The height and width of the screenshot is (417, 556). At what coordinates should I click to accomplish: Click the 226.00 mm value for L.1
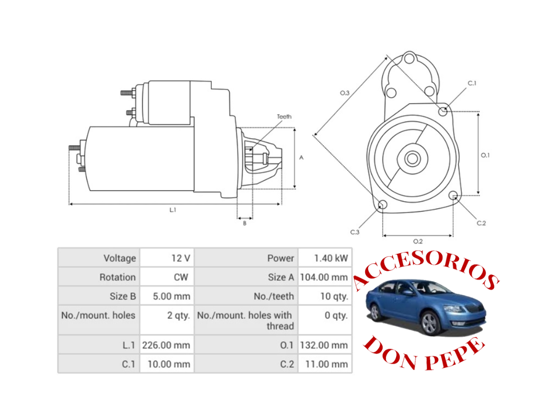point(166,345)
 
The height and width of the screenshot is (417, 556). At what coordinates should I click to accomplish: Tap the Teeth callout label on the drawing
point(284,116)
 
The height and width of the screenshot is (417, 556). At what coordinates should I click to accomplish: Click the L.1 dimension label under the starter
point(173,210)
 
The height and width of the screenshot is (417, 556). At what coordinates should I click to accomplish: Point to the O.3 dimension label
point(344,93)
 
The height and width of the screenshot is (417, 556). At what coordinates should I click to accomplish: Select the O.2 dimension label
point(417,242)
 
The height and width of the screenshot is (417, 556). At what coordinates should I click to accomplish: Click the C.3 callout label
point(355,232)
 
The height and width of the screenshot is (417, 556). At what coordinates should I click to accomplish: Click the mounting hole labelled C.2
point(453,195)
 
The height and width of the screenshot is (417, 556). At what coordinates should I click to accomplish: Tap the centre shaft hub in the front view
point(412,159)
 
